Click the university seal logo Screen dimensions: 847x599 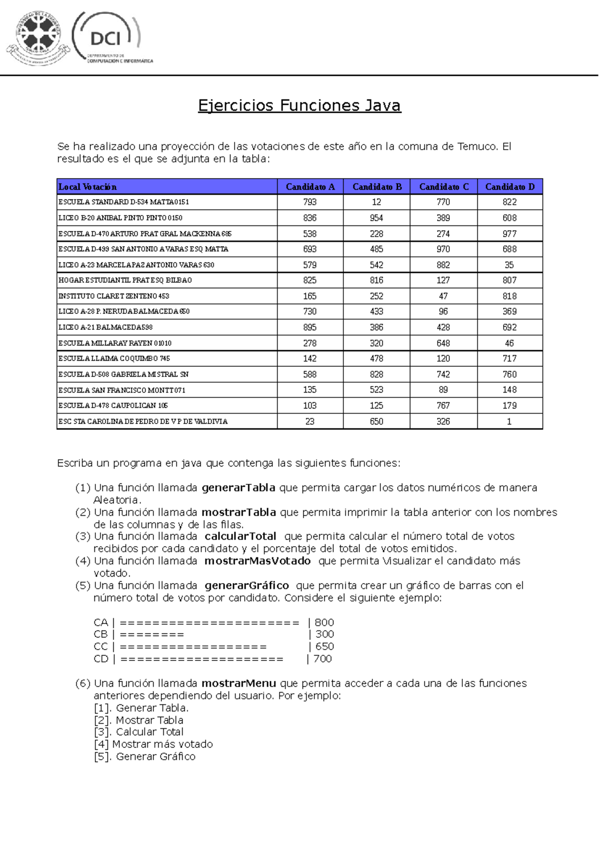tap(38, 39)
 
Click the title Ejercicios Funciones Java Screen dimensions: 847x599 tap(299, 105)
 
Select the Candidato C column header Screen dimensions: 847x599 tap(444, 187)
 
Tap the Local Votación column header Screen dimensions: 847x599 tap(87, 187)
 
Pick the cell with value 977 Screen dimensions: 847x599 tap(510, 233)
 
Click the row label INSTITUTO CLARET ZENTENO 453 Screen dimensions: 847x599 tap(114, 296)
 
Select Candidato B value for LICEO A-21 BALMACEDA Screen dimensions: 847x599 tap(376, 327)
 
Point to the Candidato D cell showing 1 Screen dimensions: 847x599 tap(509, 422)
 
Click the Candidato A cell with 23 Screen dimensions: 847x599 tap(309, 422)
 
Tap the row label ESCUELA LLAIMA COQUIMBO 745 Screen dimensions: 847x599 tap(114, 358)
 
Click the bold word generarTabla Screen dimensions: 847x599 tap(239, 487)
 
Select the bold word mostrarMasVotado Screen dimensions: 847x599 tap(258, 561)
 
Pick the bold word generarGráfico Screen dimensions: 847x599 tap(247, 585)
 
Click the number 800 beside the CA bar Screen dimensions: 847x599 tap(324, 622)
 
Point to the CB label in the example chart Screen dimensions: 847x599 tap(100, 634)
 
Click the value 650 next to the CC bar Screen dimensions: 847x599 tap(324, 646)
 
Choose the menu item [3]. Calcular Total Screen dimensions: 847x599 tap(139, 732)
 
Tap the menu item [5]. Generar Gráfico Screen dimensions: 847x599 tap(145, 756)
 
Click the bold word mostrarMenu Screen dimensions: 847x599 tap(239, 683)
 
